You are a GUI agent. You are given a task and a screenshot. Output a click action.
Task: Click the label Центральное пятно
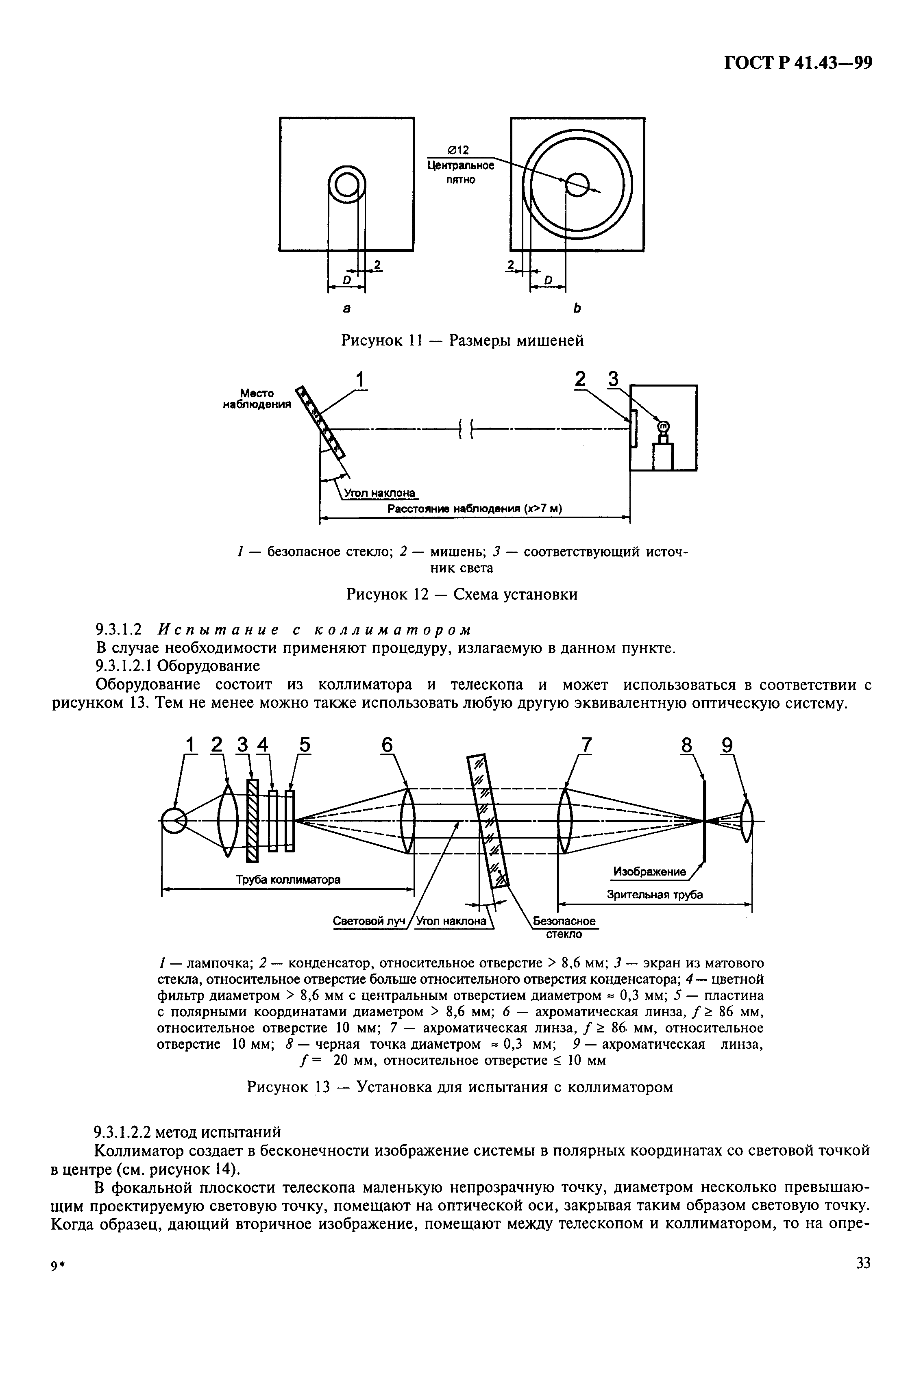coord(460,173)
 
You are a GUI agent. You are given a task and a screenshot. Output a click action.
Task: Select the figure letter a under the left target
coord(346,308)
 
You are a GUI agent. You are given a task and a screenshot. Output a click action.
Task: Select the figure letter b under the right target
coord(577,308)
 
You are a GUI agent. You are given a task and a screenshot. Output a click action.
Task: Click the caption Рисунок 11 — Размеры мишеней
coord(462,341)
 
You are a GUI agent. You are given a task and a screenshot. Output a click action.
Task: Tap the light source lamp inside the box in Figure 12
coord(664,427)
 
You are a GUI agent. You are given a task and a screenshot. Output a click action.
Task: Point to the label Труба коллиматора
coord(288,880)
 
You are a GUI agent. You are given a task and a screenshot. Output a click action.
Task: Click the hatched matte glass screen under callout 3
coord(253,821)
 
